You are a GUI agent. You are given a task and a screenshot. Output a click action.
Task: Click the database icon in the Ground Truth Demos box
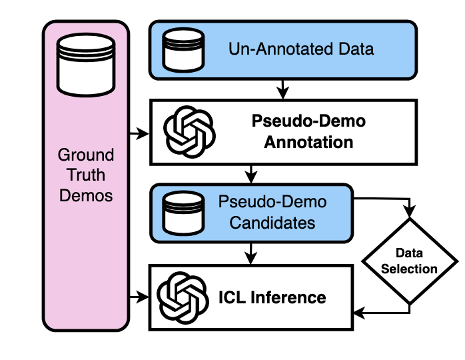(x=86, y=65)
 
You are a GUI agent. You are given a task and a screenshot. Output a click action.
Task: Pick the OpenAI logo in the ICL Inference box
(x=183, y=296)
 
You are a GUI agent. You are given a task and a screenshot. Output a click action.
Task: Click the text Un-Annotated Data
(x=301, y=49)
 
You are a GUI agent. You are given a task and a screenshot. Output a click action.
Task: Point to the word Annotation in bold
(x=308, y=142)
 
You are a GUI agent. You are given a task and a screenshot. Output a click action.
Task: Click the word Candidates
(x=272, y=222)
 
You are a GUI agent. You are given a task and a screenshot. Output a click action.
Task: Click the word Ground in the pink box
(x=86, y=156)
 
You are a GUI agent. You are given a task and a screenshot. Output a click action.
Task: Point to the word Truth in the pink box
(x=86, y=176)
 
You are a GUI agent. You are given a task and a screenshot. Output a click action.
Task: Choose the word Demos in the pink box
(x=86, y=196)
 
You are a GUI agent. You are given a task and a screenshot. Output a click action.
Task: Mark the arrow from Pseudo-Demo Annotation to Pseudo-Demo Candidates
(x=250, y=175)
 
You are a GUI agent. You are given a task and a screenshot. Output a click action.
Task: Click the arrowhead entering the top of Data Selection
(x=408, y=211)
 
